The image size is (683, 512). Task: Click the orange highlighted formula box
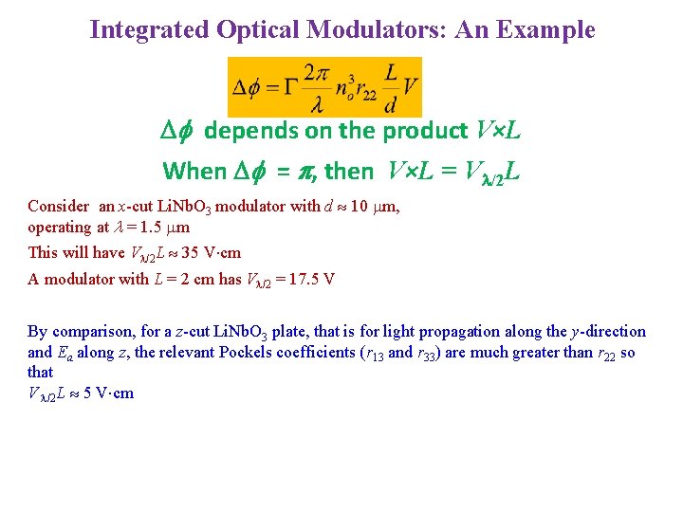[324, 87]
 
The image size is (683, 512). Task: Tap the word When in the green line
[194, 172]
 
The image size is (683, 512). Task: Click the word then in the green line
[348, 172]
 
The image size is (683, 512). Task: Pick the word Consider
[59, 207]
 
